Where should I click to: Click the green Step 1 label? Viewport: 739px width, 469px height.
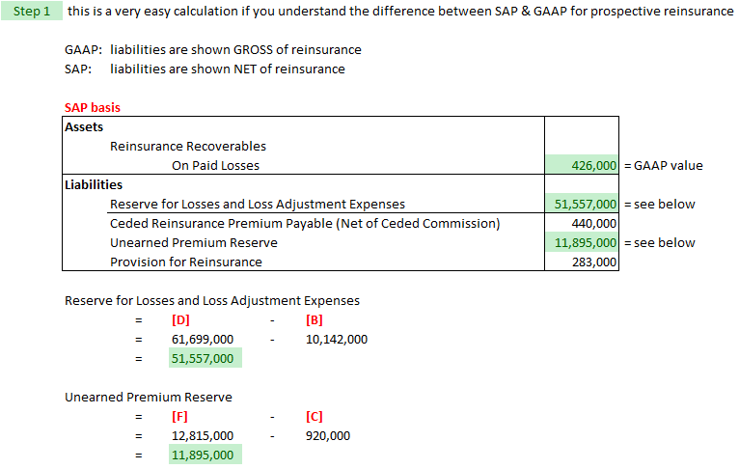(32, 12)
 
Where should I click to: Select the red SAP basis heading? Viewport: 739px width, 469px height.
(92, 108)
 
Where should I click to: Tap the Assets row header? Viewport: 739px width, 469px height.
(84, 126)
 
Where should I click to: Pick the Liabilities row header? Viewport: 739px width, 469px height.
(94, 184)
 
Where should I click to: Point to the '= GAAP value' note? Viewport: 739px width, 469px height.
(664, 165)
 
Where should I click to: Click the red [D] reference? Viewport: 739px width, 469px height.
(180, 319)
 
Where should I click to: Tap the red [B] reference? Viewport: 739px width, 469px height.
(314, 319)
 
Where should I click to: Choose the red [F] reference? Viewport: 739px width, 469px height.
(180, 416)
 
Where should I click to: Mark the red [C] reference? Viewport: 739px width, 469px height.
(314, 416)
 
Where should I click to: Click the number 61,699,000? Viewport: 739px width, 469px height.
(203, 339)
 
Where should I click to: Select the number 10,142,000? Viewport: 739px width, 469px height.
(336, 339)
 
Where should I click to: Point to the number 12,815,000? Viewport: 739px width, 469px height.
(203, 435)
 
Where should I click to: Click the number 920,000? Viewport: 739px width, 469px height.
(327, 435)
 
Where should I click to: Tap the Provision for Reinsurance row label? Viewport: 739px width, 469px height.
(186, 262)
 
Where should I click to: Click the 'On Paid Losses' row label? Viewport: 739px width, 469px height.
(215, 165)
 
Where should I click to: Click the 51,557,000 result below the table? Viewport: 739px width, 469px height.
(203, 358)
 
